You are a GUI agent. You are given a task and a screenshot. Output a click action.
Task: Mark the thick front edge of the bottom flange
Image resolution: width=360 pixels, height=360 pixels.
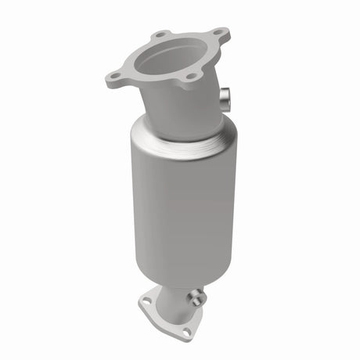tap(164, 322)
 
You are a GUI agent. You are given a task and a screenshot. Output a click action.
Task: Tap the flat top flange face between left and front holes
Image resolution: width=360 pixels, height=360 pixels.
tap(149, 78)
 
